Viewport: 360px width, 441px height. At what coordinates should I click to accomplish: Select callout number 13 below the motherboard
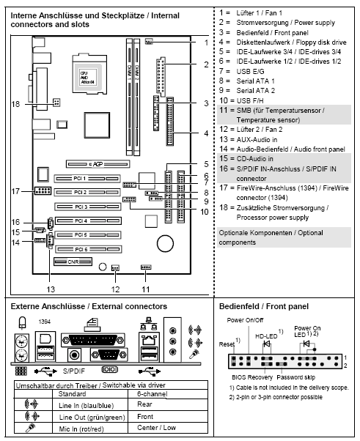(51, 278)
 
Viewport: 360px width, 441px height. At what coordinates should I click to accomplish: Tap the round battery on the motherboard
(166, 242)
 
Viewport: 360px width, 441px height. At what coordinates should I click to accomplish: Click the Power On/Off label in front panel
(244, 319)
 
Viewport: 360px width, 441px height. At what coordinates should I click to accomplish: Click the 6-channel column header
(154, 393)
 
